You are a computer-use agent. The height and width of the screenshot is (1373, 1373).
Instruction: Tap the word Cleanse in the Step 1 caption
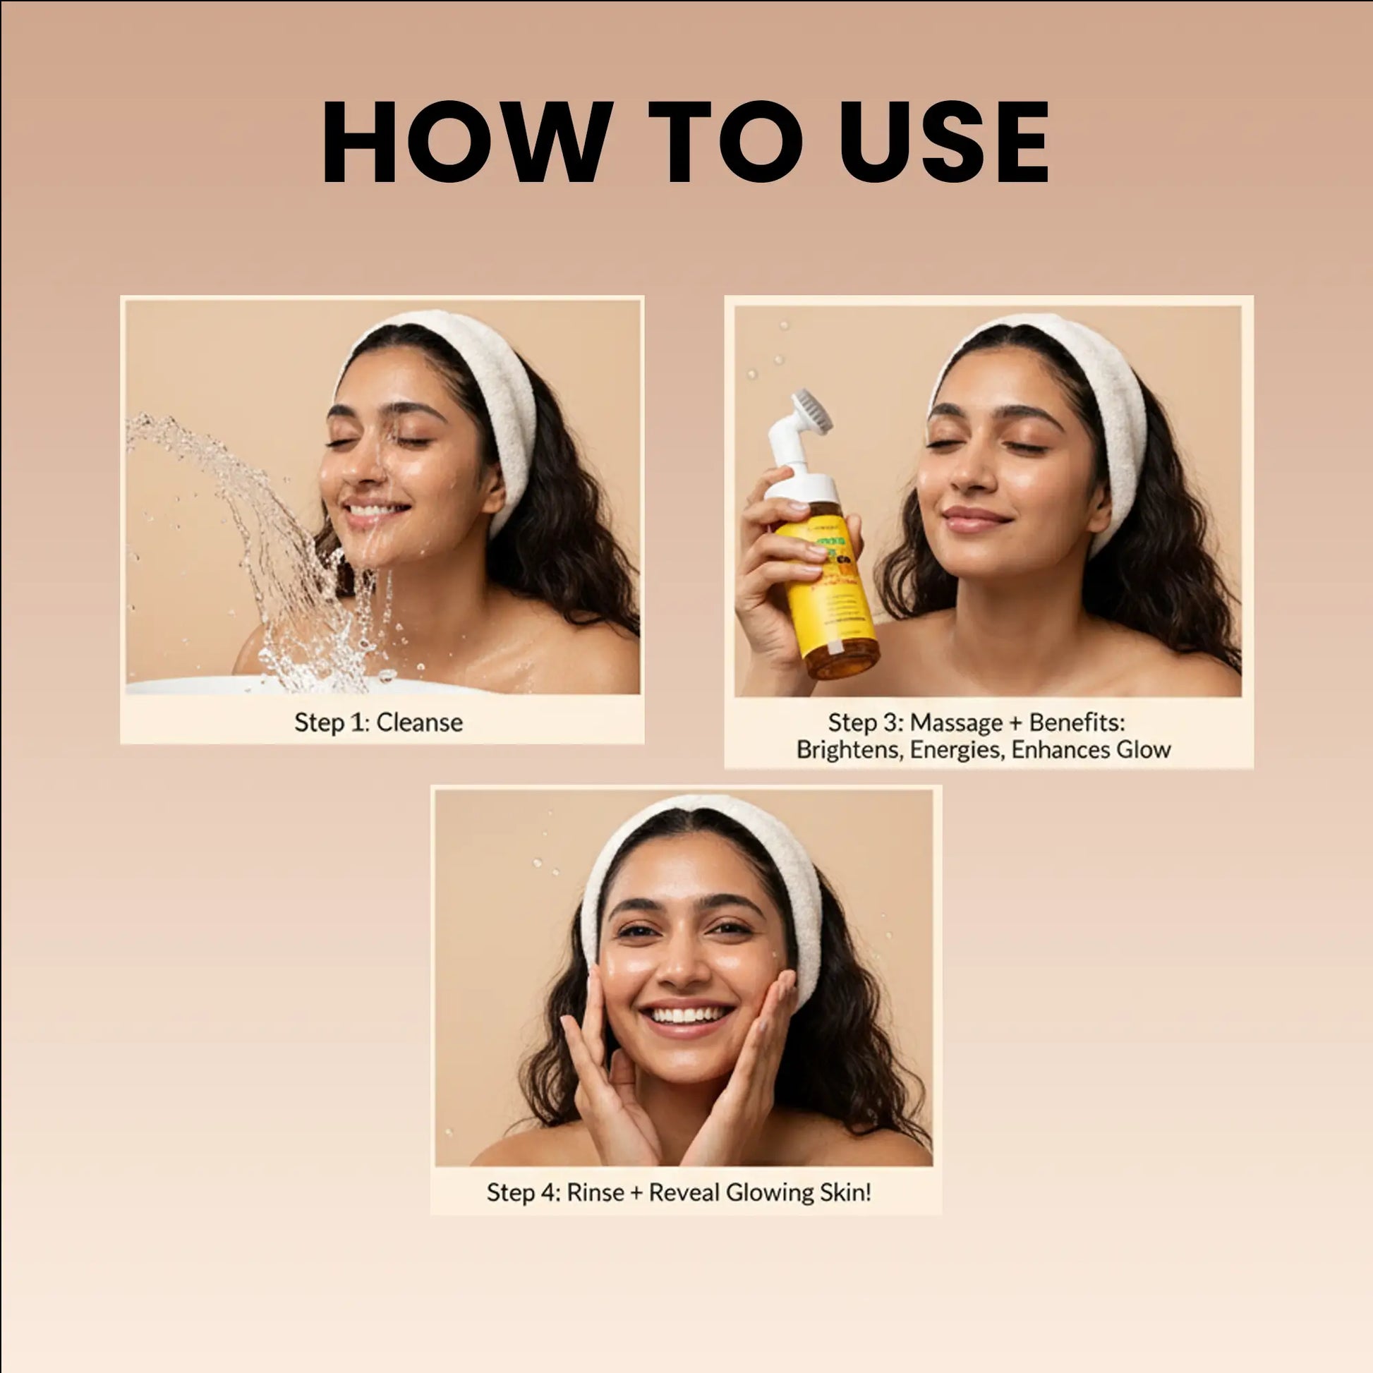tap(419, 722)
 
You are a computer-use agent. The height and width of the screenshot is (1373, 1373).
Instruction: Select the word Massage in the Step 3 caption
tap(956, 722)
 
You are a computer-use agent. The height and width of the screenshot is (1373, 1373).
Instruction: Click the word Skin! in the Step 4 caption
tap(845, 1192)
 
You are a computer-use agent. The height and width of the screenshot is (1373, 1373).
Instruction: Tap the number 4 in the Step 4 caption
tap(550, 1192)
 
